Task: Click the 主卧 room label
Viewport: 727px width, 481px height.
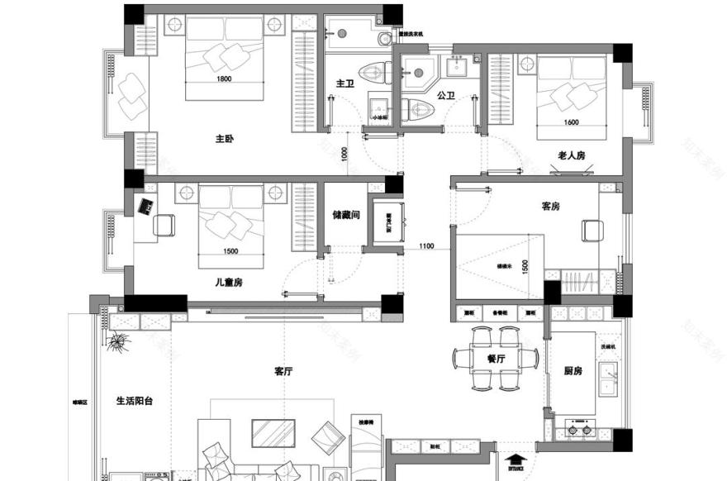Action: click(224, 139)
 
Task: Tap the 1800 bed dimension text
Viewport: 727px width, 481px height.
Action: click(224, 79)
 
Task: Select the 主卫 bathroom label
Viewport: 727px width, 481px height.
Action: click(345, 83)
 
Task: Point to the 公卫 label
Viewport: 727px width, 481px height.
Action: click(446, 96)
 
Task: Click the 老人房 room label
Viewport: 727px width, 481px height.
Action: click(571, 155)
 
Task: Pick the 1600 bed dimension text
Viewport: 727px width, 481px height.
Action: click(570, 122)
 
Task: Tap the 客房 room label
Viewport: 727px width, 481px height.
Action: click(550, 206)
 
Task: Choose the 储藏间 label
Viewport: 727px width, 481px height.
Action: click(344, 214)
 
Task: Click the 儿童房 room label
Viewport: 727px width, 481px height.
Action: click(228, 282)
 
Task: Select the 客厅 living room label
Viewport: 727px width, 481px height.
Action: click(283, 372)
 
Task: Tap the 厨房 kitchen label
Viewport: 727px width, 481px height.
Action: click(573, 371)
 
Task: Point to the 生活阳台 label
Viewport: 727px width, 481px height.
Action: click(135, 401)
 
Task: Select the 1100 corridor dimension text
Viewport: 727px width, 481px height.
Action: click(426, 246)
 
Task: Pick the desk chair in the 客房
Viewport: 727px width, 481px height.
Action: click(592, 230)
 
